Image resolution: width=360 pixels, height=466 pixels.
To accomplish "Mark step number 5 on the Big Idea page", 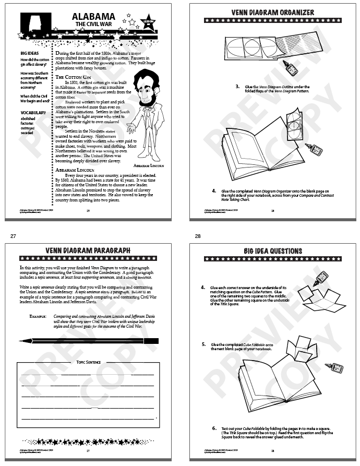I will coord(203,345).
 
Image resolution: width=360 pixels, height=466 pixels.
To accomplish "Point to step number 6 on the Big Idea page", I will coord(214,428).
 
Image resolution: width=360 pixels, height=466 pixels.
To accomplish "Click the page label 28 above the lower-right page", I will coord(198,236).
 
